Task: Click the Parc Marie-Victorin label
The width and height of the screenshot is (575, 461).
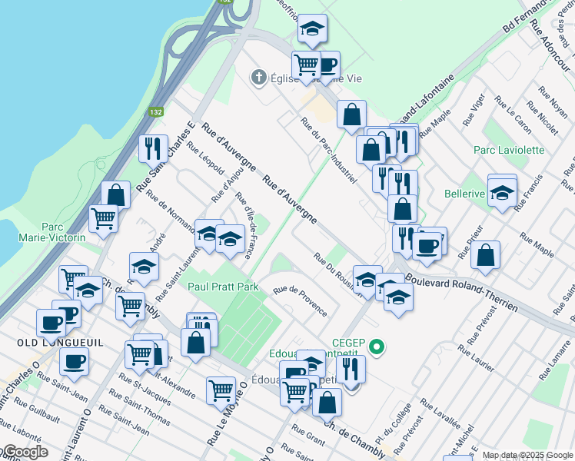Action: (62, 232)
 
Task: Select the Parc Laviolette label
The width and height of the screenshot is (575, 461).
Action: (509, 150)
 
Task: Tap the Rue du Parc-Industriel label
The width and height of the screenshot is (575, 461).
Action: (328, 151)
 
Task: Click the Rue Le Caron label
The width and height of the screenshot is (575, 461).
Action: (513, 114)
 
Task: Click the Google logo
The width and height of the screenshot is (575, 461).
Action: (25, 452)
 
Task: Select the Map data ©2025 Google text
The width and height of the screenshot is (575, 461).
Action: (527, 455)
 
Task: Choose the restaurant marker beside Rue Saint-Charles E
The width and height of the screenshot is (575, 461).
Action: (153, 148)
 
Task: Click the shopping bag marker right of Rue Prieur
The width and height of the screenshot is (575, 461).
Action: (485, 257)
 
